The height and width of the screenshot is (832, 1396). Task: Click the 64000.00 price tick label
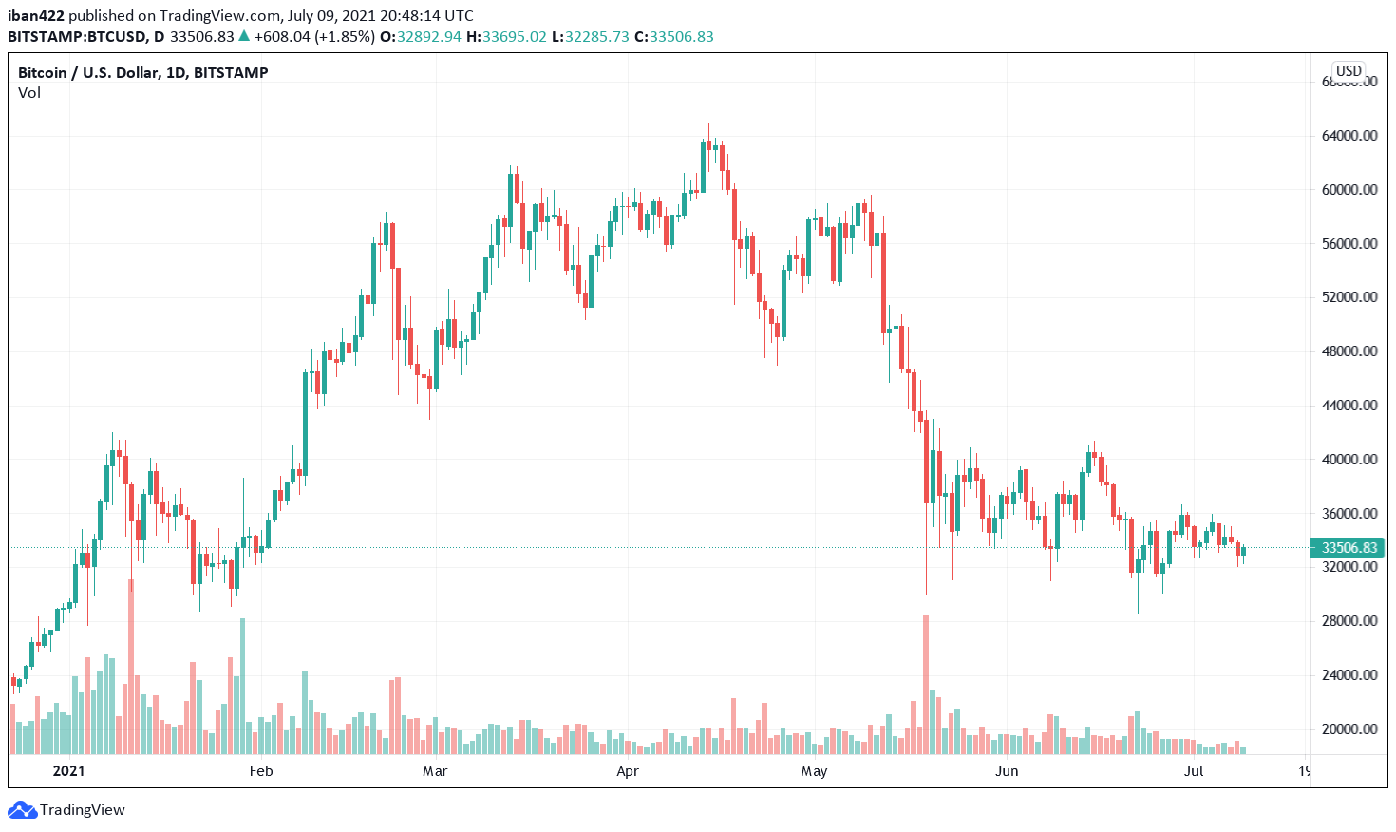pyautogui.click(x=1349, y=136)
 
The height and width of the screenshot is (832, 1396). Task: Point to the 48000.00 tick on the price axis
pyautogui.click(x=1349, y=351)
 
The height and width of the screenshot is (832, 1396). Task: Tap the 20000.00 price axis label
pyautogui.click(x=1349, y=729)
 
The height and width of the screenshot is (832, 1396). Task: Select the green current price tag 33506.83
pyautogui.click(x=1349, y=548)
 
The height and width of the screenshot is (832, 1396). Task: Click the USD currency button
pyautogui.click(x=1349, y=71)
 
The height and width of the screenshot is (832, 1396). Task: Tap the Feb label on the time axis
pyautogui.click(x=261, y=771)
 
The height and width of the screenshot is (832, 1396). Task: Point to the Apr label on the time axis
pyautogui.click(x=628, y=771)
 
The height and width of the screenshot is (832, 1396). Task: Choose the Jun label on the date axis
pyautogui.click(x=1007, y=771)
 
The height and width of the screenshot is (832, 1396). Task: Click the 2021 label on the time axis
pyautogui.click(x=68, y=771)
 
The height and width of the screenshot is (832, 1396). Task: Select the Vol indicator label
pyautogui.click(x=29, y=93)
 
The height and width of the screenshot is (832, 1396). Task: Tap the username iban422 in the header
pyautogui.click(x=36, y=16)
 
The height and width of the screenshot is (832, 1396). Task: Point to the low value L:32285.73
pyautogui.click(x=588, y=37)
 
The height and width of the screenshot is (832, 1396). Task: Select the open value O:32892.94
pyautogui.click(x=421, y=37)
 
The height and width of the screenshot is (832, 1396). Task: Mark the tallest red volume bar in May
pyautogui.click(x=926, y=684)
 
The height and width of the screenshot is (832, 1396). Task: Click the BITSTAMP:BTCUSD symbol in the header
pyautogui.click(x=76, y=37)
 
